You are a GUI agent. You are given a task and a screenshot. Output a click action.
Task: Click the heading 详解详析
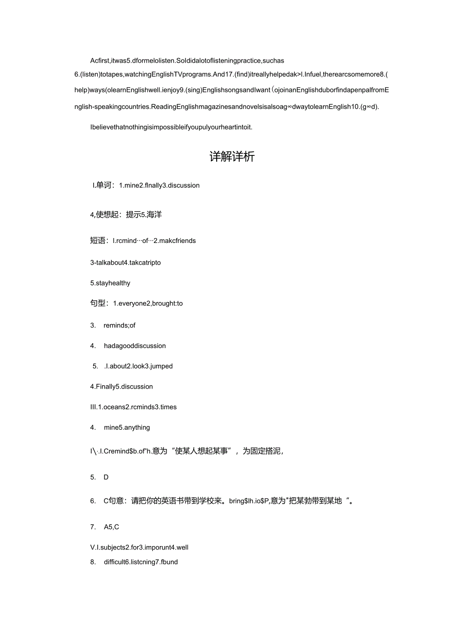232,157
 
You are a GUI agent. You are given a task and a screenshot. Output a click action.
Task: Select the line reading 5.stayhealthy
110,283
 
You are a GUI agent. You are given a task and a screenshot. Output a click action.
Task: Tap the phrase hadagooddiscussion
135,346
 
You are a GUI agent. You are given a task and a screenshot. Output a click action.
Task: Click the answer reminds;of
120,325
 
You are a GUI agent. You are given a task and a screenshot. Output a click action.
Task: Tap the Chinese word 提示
133,214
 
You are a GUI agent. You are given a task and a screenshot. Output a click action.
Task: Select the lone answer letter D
106,477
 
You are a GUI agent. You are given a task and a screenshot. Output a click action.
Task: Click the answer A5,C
111,527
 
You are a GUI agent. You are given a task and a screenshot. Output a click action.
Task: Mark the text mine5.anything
127,427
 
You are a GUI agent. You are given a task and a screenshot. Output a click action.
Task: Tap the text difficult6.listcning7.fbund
141,562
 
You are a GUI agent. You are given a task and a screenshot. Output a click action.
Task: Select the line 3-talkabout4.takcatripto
125,263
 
